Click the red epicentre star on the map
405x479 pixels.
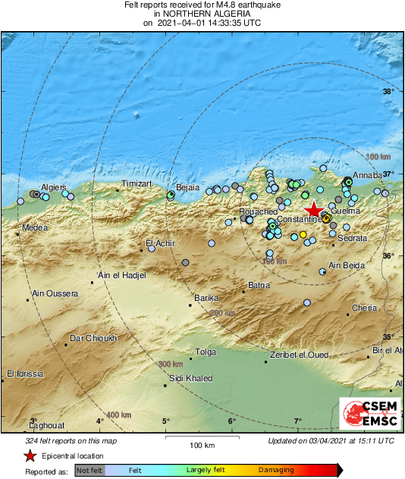pos(313,211)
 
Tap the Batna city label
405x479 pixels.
pos(259,285)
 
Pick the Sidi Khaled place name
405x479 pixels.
pos(187,377)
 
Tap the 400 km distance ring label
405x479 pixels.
pos(120,415)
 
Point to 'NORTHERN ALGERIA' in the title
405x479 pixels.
pos(202,14)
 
